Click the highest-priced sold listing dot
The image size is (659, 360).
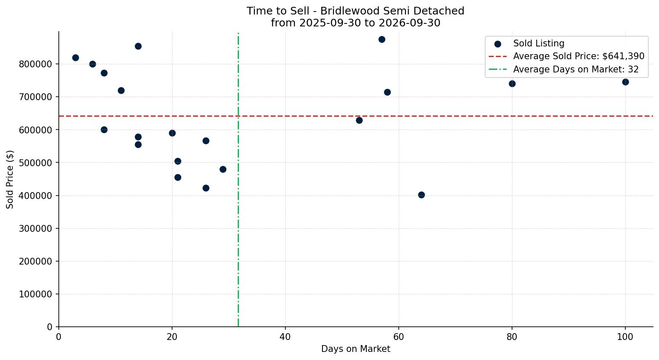(382, 40)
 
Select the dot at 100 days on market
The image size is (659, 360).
(625, 82)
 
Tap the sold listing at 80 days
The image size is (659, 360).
(512, 84)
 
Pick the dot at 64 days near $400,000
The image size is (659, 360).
(421, 195)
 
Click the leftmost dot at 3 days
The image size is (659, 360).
(75, 58)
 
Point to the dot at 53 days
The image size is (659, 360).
(359, 120)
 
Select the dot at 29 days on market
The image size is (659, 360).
(223, 170)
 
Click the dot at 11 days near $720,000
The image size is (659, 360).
(121, 91)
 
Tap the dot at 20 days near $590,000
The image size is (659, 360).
(172, 133)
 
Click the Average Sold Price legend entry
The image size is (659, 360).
(567, 56)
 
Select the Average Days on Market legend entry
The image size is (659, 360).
(564, 69)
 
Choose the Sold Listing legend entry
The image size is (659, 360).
(530, 43)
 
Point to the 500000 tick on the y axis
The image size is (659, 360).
(36, 163)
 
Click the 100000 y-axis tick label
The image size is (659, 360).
(36, 294)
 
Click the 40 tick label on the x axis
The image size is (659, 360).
(285, 337)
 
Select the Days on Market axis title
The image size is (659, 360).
(356, 349)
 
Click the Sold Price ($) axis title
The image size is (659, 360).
(10, 179)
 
